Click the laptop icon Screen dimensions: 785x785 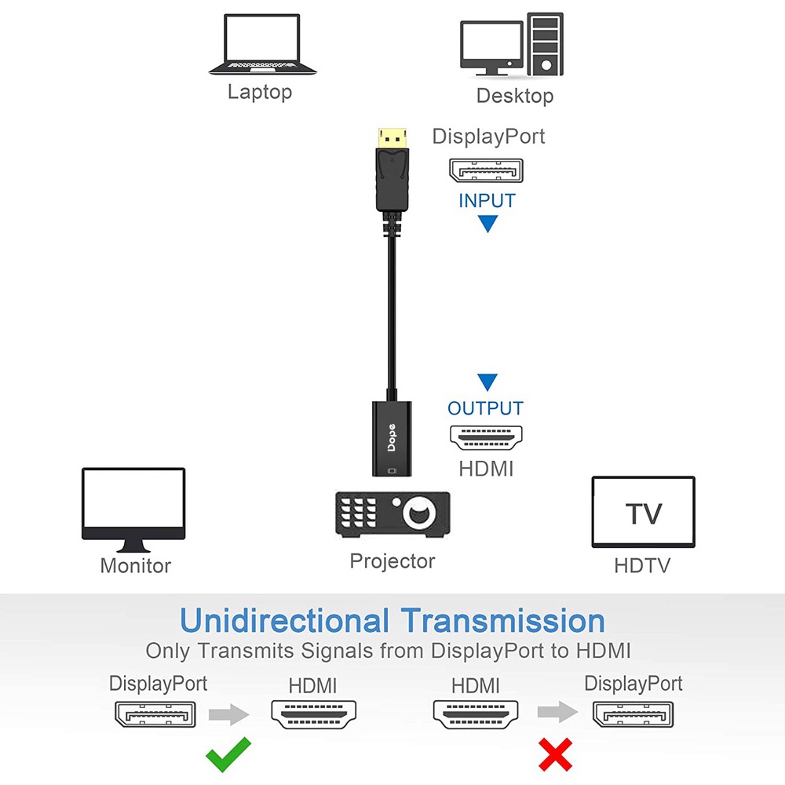point(262,45)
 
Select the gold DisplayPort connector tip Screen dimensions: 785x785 point(392,137)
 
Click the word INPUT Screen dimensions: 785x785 point(487,201)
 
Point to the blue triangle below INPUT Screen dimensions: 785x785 point(487,223)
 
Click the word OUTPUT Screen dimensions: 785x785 point(485,408)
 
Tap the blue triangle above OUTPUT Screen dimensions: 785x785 point(487,382)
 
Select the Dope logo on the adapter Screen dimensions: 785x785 point(392,437)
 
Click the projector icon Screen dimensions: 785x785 point(392,515)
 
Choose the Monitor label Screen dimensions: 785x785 point(136,566)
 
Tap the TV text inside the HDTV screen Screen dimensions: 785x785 point(644,513)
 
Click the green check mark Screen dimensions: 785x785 point(228,754)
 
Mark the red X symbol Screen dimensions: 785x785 point(555,754)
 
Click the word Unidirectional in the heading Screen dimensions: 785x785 point(284,621)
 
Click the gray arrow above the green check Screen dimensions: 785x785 point(228,714)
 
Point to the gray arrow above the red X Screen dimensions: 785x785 point(557,712)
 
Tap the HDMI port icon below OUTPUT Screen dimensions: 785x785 point(486,437)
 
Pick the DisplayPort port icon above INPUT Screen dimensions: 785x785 point(486,170)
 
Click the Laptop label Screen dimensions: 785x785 point(260,92)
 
